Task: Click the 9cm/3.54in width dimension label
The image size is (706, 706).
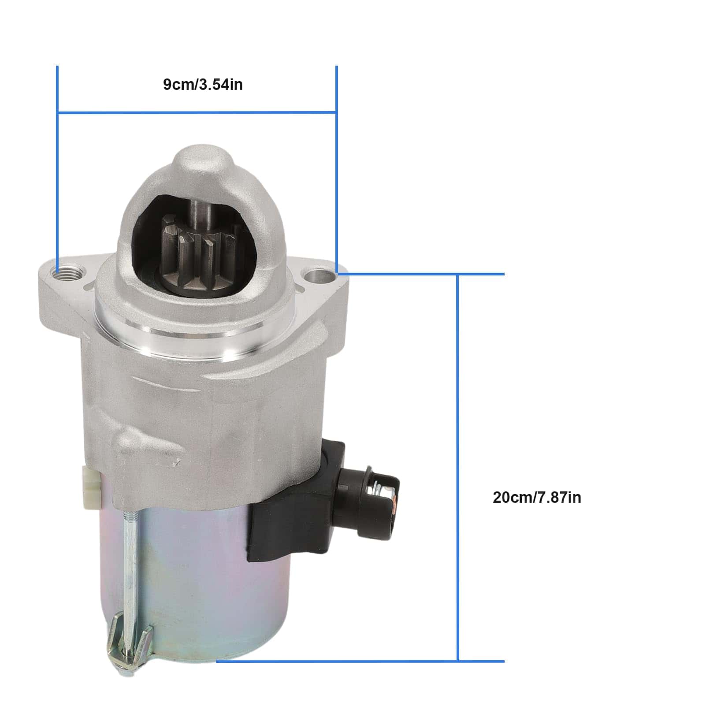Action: click(203, 84)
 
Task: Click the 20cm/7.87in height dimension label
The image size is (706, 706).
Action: click(537, 498)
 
